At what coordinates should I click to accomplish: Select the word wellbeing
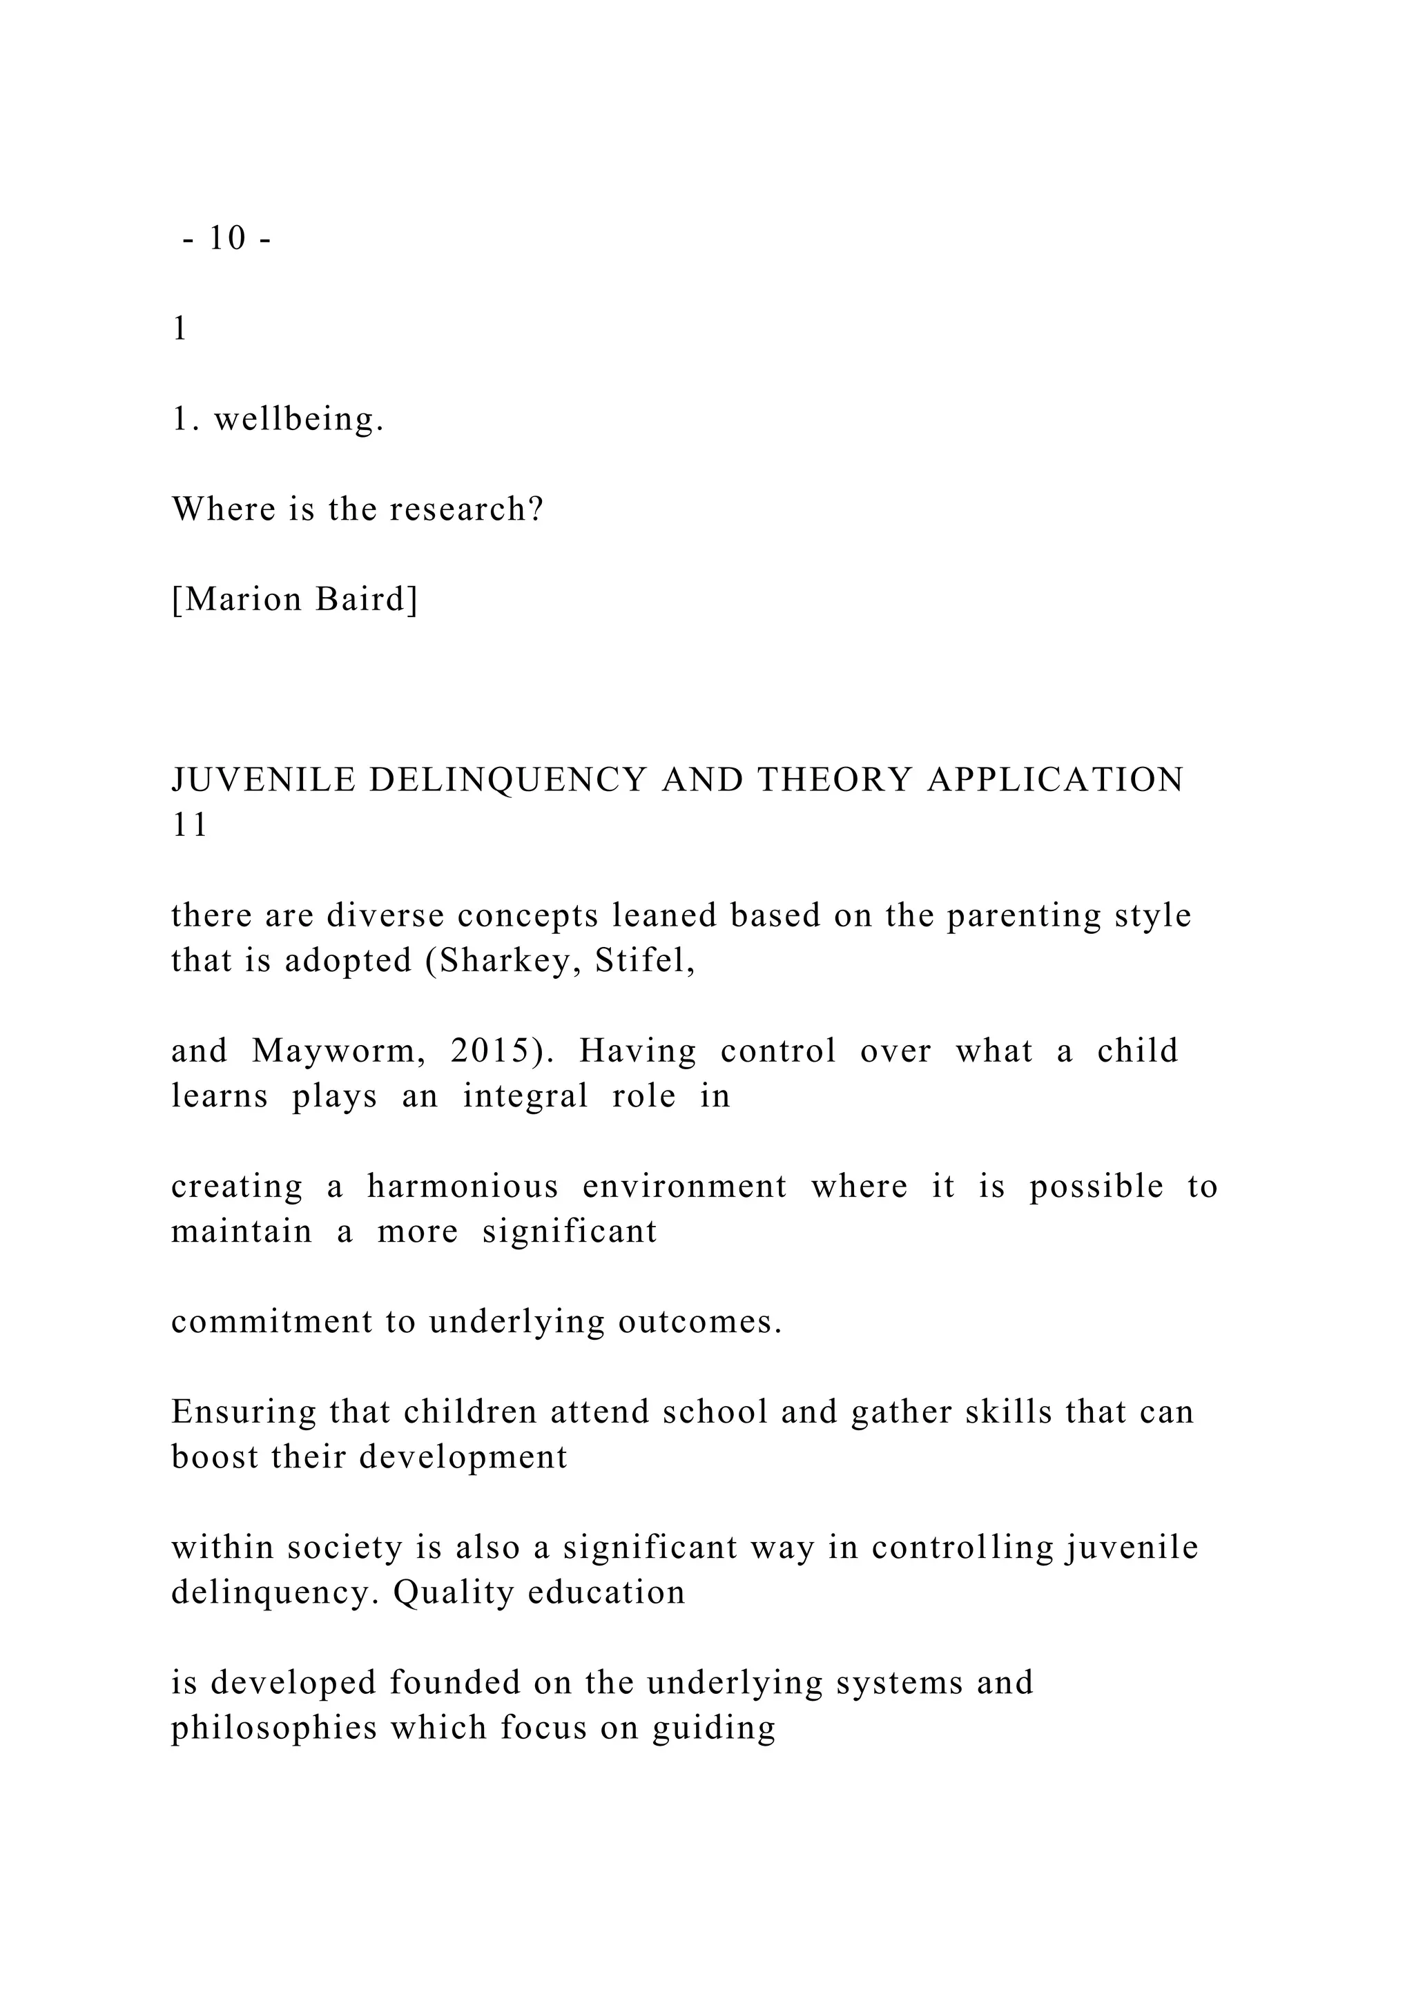(299, 420)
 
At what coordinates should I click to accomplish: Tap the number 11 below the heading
(190, 826)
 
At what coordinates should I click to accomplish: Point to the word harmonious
(463, 1187)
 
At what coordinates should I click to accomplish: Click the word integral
(525, 1096)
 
